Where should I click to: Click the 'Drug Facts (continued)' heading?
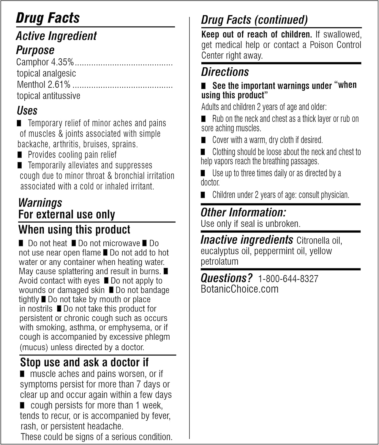(255, 20)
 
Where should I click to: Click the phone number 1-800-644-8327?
(288, 279)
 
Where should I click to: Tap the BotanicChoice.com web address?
(240, 289)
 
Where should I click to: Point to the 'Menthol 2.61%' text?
(44, 85)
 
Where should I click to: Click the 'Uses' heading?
(27, 111)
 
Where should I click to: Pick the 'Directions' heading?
(225, 72)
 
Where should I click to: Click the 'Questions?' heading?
(226, 278)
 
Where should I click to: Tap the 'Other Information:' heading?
(243, 212)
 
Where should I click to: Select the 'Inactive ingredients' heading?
(247, 240)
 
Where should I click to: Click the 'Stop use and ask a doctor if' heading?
(84, 362)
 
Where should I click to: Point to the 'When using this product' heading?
(74, 230)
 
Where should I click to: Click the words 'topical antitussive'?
(48, 96)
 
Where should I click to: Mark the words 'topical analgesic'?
(46, 73)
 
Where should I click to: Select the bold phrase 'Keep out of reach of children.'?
(257, 34)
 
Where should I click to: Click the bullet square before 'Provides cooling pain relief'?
(20, 155)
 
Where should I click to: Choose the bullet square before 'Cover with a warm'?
(203, 140)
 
